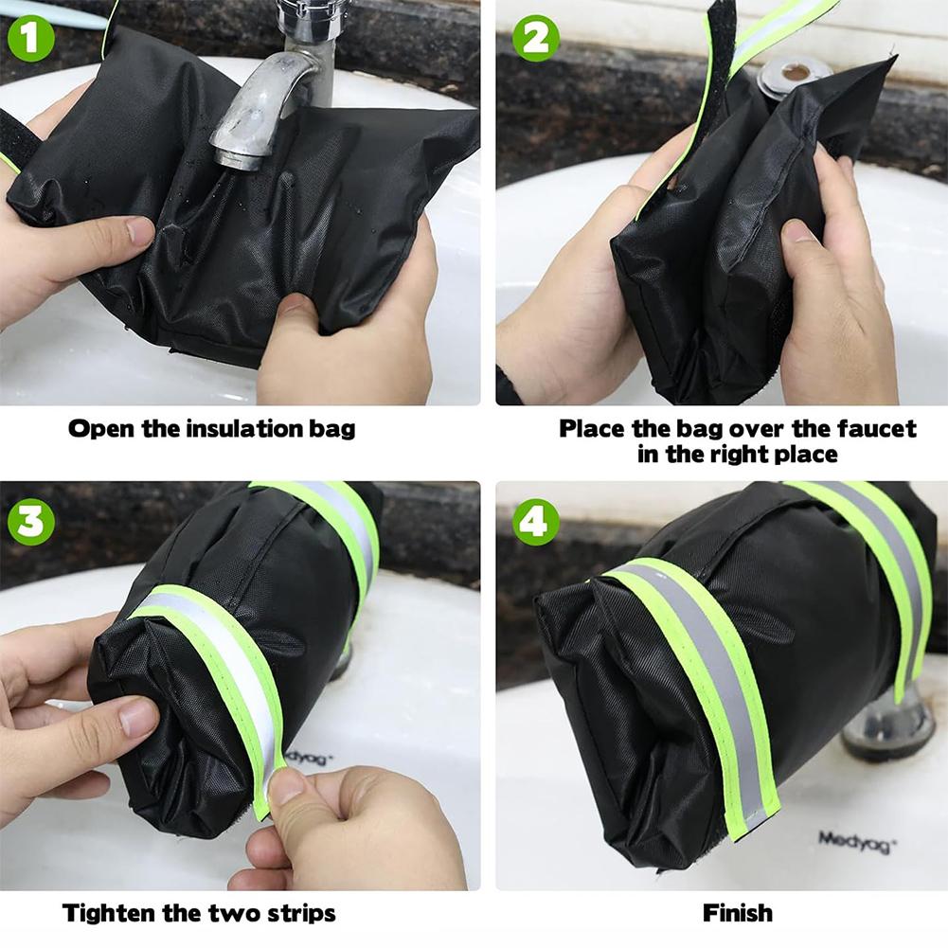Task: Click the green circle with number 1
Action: click(30, 40)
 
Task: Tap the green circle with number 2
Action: click(535, 40)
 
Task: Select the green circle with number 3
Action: click(30, 522)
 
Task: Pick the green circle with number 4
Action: click(535, 522)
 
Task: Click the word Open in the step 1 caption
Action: click(100, 429)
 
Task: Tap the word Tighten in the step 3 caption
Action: click(107, 914)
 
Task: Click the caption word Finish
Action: click(737, 914)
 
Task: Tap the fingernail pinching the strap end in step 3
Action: click(284, 786)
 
